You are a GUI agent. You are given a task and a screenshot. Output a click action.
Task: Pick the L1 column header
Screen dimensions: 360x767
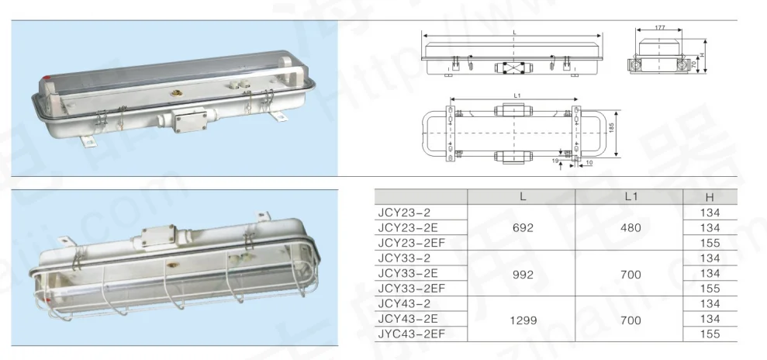630,197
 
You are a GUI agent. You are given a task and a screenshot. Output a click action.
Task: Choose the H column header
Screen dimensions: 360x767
710,197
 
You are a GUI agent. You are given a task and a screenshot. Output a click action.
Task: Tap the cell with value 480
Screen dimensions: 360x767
630,227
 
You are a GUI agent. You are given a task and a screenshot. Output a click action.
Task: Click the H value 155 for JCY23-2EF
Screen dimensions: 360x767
710,243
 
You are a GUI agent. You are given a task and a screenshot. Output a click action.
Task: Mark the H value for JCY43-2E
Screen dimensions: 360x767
710,318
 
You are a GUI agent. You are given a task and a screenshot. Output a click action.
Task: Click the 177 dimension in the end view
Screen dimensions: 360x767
660,28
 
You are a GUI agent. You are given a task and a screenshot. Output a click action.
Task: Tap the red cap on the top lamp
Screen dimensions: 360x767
49,78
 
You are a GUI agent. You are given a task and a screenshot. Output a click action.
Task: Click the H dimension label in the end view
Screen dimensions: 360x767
700,57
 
